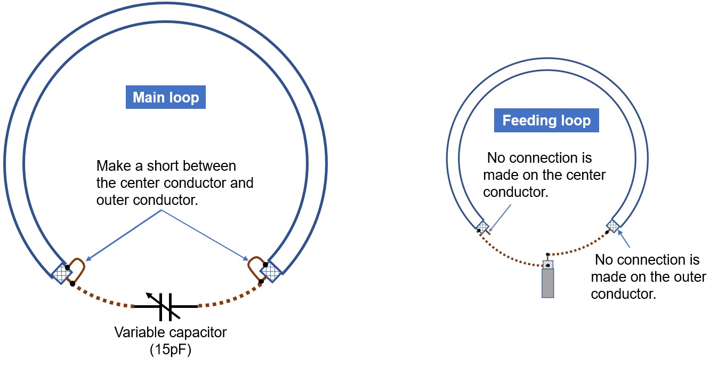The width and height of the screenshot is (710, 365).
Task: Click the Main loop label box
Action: (165, 97)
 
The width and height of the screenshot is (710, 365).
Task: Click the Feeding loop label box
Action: (546, 120)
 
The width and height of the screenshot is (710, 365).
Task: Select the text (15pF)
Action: (171, 350)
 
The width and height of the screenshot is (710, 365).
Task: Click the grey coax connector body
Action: (548, 283)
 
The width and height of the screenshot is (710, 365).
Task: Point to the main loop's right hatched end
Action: (271, 272)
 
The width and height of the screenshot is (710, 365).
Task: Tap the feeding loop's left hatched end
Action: (483, 227)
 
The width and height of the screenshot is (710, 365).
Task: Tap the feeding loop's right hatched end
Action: (613, 226)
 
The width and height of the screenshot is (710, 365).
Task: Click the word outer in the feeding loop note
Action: (689, 277)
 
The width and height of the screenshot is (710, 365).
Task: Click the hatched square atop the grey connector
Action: (548, 265)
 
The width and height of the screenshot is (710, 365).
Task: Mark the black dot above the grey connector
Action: (548, 255)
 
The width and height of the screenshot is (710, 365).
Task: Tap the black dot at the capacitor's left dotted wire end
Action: (72, 284)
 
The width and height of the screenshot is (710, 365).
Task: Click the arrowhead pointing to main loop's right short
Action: (246, 258)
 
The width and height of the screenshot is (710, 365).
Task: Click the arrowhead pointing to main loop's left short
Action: (88, 259)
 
